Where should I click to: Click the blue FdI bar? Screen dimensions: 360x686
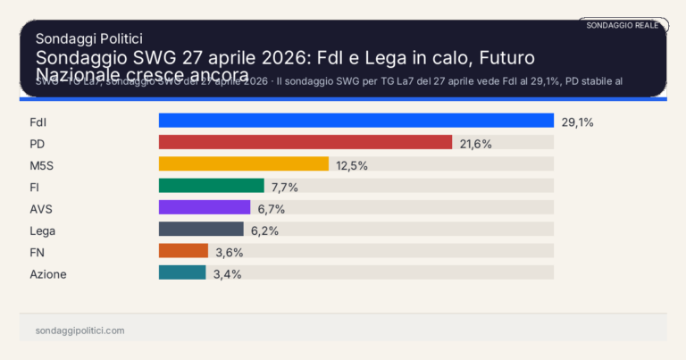pos(356,121)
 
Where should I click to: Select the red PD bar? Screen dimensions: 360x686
pos(305,142)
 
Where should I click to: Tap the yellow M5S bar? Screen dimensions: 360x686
pos(243,163)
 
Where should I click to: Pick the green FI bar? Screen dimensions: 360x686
pos(211,186)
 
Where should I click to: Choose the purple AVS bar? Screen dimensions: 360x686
pos(204,207)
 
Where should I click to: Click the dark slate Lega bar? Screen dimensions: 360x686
pos(201,229)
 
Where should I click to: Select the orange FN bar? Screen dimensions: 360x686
pos(183,251)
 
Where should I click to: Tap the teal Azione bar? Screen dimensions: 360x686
pos(181,272)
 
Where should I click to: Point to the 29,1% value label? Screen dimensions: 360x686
pos(577,121)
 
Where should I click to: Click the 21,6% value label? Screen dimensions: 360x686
pos(475,143)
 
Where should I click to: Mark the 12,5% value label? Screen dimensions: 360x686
pos(352,164)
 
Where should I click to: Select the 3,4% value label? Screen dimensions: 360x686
pos(227,273)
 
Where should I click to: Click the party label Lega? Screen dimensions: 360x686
pos(43,230)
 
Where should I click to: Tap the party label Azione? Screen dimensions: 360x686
pos(48,273)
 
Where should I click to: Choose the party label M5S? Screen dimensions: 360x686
pos(43,164)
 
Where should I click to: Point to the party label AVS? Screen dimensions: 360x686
pos(42,208)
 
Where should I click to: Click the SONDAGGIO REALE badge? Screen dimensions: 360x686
pos(623,25)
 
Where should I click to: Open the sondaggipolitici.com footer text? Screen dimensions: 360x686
pos(79,330)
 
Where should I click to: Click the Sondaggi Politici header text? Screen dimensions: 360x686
pos(89,38)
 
